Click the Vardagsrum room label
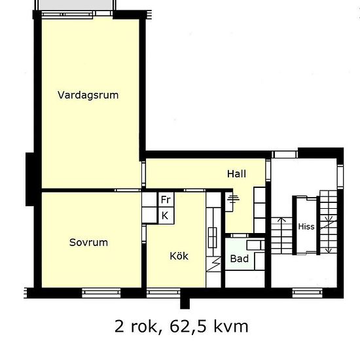[88, 94]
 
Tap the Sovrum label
[88, 242]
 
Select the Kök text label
[179, 256]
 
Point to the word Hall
[236, 173]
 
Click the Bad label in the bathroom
[239, 259]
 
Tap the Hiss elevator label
[306, 227]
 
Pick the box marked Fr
[166, 200]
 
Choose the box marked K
[165, 215]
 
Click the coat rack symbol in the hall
[232, 200]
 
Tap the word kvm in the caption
[231, 325]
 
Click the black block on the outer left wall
[31, 177]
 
